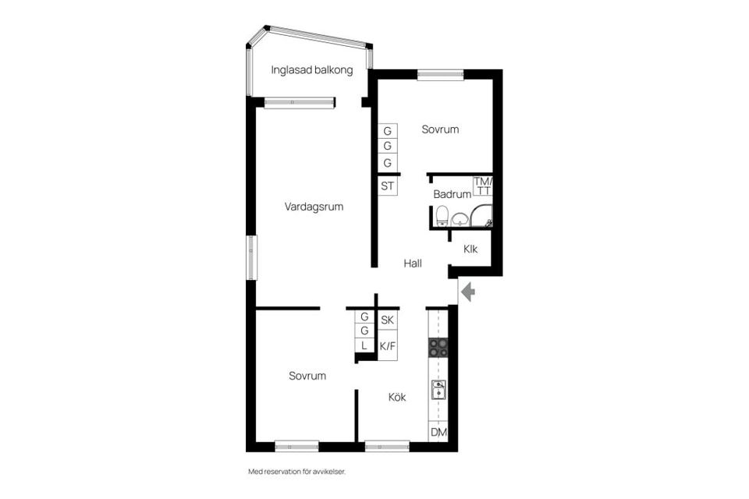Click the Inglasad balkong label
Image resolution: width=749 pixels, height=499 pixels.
coord(312,70)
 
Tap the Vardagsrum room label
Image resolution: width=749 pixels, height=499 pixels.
coord(314,207)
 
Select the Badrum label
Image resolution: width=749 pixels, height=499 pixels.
coord(452,195)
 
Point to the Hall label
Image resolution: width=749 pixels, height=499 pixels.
coord(413,264)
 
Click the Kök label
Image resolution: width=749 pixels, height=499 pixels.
coord(397,398)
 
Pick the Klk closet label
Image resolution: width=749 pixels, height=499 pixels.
coord(470,250)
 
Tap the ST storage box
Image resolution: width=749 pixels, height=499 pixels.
coord(387,186)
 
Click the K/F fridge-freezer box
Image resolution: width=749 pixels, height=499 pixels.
coord(387,346)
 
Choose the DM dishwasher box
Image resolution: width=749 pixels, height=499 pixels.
coord(438,432)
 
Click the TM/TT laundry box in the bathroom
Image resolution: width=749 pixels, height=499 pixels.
coord(483,186)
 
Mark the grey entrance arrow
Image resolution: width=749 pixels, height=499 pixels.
coord(468,292)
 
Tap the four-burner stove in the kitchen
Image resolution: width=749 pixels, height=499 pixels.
coord(438,348)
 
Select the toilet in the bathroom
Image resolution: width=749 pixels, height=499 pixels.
coord(442,216)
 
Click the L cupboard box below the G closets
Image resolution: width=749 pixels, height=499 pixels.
coord(364,345)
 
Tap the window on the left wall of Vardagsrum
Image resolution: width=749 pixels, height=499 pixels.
coord(251,257)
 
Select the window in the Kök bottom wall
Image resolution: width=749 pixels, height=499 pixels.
coord(387,447)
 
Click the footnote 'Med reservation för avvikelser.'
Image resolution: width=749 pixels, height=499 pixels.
coord(296,472)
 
